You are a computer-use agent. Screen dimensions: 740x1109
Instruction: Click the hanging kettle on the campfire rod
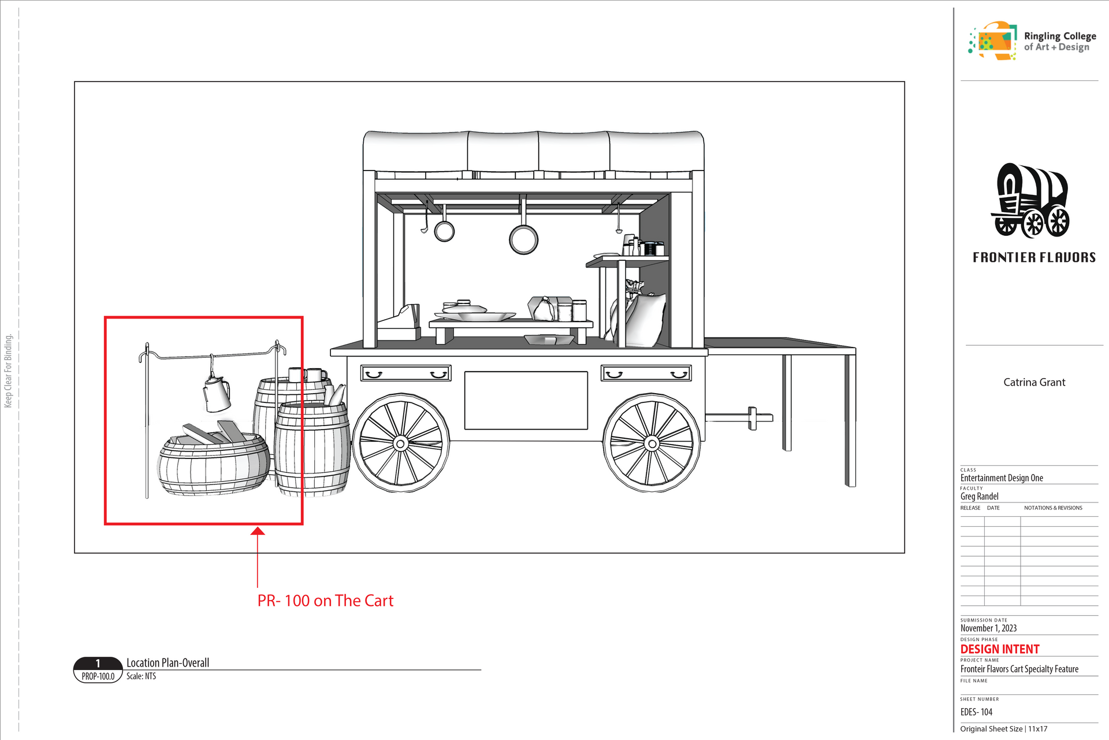click(x=217, y=394)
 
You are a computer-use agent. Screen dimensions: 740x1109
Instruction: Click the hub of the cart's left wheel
click(x=400, y=443)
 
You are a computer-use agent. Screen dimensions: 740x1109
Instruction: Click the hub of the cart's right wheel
click(x=652, y=443)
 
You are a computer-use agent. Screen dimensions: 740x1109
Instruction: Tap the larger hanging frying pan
click(x=523, y=239)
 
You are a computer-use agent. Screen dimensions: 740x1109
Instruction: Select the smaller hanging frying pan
click(x=444, y=231)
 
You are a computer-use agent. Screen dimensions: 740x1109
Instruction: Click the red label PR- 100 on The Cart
click(x=325, y=601)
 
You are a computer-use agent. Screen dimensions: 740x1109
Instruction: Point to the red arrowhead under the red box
click(x=258, y=531)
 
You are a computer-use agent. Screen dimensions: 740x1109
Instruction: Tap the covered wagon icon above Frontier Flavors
click(x=1032, y=201)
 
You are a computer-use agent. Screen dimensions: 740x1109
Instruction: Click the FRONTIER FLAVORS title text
click(x=1034, y=257)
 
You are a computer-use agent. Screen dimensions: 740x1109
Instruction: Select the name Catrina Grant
click(x=1034, y=382)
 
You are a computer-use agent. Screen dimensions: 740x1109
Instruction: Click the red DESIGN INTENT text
click(x=1000, y=649)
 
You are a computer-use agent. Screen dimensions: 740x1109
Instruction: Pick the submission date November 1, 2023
click(x=988, y=628)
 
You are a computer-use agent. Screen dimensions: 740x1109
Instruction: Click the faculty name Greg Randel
click(x=979, y=496)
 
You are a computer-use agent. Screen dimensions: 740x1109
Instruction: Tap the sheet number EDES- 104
click(x=976, y=712)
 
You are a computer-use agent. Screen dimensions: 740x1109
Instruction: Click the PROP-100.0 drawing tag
click(x=98, y=676)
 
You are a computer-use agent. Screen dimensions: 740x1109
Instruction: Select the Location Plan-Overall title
click(x=168, y=663)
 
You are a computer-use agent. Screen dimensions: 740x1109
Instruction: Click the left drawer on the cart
click(x=405, y=373)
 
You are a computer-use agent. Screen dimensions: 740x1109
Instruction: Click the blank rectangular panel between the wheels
click(x=526, y=400)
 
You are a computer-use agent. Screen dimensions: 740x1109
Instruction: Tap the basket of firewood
click(x=214, y=460)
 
